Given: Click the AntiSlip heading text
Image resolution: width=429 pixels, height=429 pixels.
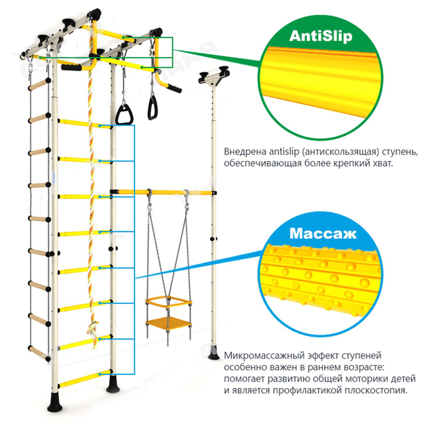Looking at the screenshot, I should tap(321, 37).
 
